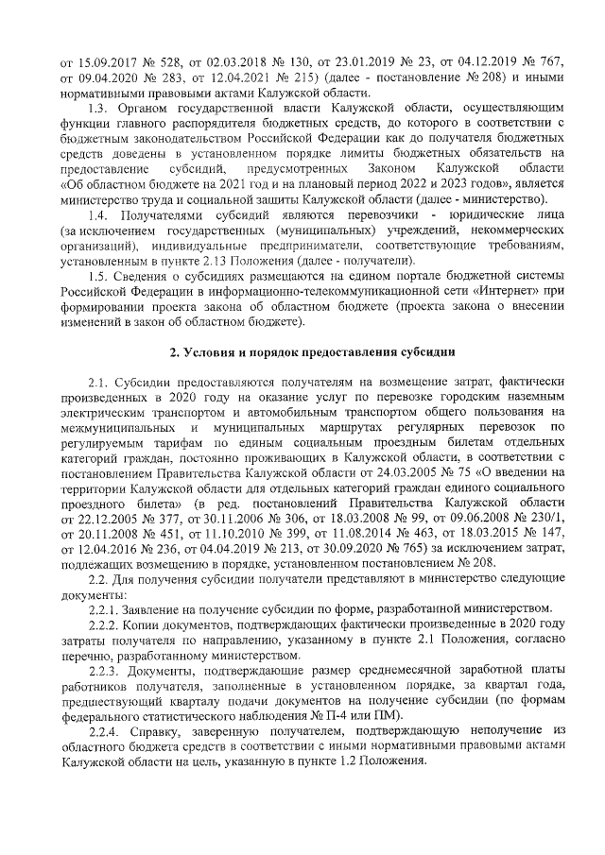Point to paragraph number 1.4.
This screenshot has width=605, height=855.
click(x=97, y=216)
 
